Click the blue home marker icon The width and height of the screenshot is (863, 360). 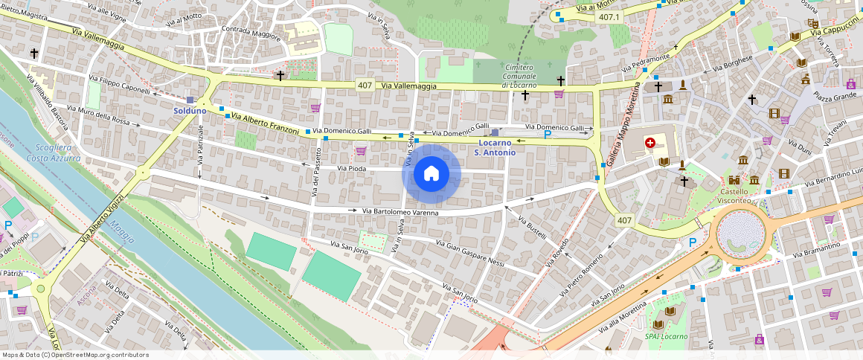click(431, 174)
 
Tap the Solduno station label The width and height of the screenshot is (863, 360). click(190, 111)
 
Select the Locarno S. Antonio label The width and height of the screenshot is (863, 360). click(495, 147)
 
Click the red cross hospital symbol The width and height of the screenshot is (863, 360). click(650, 142)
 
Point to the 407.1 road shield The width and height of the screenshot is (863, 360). click(609, 16)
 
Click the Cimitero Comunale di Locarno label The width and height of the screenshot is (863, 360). click(519, 76)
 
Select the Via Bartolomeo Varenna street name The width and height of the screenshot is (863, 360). click(400, 212)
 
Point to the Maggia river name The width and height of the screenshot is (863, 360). click(121, 231)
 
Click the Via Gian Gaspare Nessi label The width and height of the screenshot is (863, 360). click(470, 253)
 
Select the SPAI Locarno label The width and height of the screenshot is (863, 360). click(666, 336)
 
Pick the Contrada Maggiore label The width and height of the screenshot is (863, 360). click(251, 32)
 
